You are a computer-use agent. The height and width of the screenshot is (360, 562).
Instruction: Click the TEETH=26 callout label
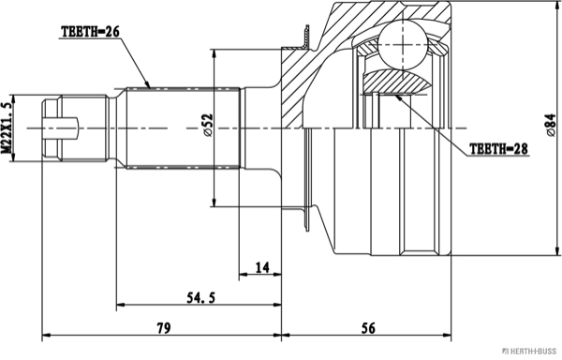click(90, 32)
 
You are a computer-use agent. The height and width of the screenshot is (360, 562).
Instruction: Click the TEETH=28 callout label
click(498, 148)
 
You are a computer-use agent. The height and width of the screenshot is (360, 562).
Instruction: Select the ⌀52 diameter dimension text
click(207, 125)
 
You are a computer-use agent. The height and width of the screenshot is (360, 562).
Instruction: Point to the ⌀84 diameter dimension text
click(551, 125)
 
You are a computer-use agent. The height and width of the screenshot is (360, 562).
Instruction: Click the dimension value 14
click(262, 267)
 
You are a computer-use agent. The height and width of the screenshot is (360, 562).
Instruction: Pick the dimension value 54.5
click(201, 297)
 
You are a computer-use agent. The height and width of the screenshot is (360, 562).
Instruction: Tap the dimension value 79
click(163, 328)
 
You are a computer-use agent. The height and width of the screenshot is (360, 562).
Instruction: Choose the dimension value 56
click(368, 328)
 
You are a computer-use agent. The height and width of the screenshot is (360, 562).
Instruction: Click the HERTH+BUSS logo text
click(529, 351)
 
